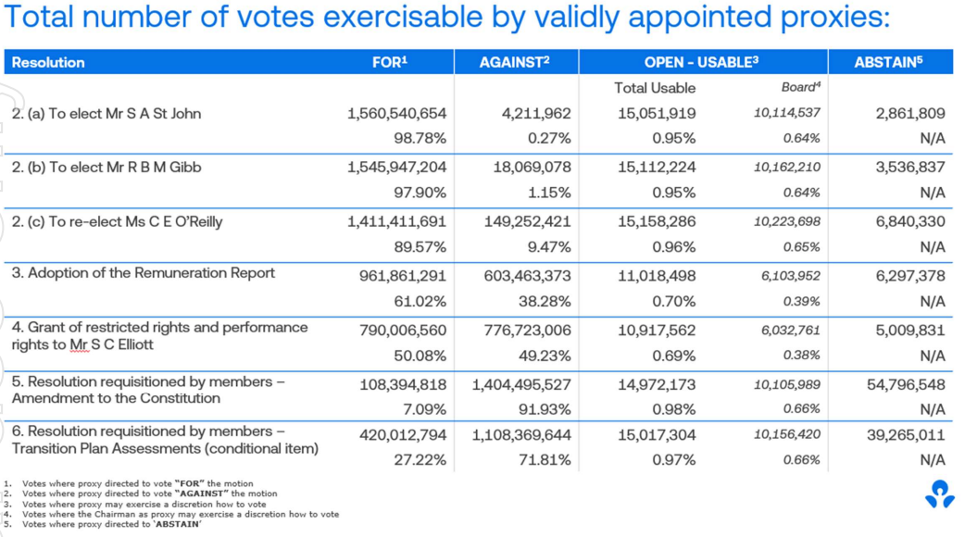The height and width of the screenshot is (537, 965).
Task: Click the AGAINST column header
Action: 514,62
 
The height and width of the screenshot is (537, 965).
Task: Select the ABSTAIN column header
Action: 888,62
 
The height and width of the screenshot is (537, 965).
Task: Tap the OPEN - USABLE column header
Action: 701,62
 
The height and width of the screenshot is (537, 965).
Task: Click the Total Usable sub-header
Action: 655,88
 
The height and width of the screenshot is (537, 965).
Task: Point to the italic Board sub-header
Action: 801,87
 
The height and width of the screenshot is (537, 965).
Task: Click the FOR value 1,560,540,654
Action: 397,114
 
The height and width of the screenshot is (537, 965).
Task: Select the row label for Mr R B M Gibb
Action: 107,168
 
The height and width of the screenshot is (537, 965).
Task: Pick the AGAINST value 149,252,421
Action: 528,221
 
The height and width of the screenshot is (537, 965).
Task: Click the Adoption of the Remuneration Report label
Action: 144,273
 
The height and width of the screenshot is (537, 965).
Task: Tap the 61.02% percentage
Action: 420,302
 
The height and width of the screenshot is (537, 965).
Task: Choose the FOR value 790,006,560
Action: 403,331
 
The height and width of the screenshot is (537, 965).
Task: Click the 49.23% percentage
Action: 545,356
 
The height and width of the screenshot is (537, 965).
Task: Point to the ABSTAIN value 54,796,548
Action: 906,384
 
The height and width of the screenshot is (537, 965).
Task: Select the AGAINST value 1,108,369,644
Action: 522,435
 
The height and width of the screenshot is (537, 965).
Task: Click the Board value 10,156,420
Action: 787,434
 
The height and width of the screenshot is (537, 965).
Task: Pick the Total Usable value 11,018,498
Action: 657,276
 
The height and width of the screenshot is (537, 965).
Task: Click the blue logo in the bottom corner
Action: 939,493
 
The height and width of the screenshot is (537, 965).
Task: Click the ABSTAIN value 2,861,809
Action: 910,114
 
